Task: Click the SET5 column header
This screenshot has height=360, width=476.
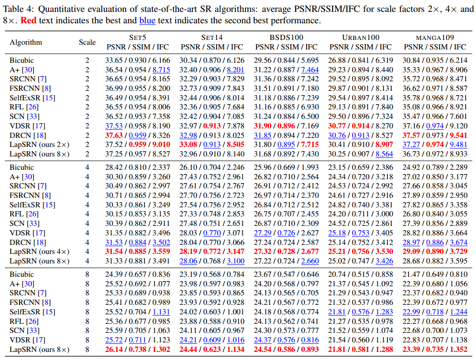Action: click(138, 38)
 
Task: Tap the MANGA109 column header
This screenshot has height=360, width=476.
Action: click(435, 38)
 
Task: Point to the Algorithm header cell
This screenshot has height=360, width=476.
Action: click(26, 42)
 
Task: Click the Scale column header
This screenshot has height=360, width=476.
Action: click(87, 42)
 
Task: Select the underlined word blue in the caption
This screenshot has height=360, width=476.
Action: click(148, 21)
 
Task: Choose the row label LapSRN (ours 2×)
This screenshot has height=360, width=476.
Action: click(40, 145)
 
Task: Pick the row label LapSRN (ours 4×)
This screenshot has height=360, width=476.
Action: click(40, 252)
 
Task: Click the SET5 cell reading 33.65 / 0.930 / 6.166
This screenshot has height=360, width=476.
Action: click(138, 60)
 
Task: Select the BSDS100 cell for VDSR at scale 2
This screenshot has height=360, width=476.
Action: click(287, 126)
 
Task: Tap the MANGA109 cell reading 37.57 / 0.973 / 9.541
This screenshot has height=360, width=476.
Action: click(435, 136)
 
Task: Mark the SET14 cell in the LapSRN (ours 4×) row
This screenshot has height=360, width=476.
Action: click(212, 252)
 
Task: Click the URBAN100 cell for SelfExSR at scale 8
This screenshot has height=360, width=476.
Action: click(360, 312)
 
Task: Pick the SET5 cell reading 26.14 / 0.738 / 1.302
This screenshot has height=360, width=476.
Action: click(138, 350)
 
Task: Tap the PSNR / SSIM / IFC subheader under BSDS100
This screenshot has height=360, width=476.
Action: click(287, 47)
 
